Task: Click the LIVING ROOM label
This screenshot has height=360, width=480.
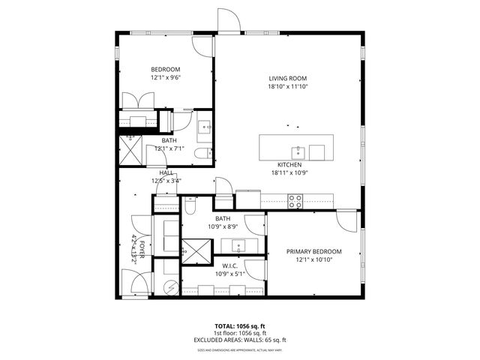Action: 289,78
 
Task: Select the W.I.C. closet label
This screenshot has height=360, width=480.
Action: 229,265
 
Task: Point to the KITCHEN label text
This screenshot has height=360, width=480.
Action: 289,164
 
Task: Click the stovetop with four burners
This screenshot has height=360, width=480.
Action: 295,200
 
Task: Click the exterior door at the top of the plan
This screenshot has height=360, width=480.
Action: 229,21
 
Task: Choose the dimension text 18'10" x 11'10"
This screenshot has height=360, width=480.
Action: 289,87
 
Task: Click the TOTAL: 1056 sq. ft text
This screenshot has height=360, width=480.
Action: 240,326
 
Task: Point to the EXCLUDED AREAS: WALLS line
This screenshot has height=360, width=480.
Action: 240,340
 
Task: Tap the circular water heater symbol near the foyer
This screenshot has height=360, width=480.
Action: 169,286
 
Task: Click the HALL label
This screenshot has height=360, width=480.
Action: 166,172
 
